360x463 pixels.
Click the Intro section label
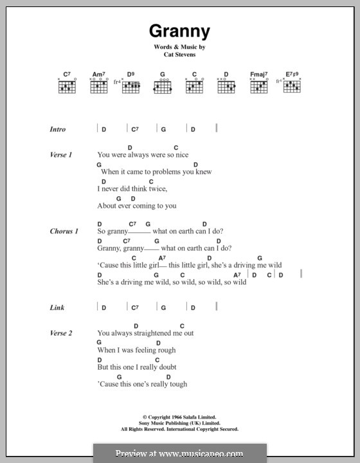point(58,129)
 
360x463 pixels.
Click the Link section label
point(57,307)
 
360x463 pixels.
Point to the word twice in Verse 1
point(157,189)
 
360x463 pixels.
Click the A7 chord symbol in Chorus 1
point(162,258)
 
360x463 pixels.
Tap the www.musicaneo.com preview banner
point(180,453)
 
